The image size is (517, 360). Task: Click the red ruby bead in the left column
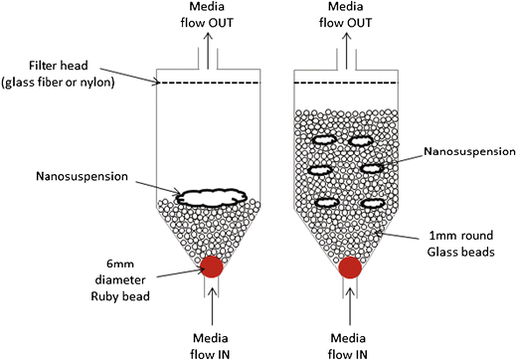(x=210, y=267)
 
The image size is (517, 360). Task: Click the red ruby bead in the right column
(x=349, y=268)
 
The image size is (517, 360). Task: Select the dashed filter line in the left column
(x=210, y=83)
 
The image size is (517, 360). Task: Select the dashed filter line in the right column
(x=349, y=83)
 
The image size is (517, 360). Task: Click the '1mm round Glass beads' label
(x=462, y=244)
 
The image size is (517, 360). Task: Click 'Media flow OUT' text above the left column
(x=210, y=16)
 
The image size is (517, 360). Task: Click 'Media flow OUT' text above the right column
(x=350, y=16)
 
